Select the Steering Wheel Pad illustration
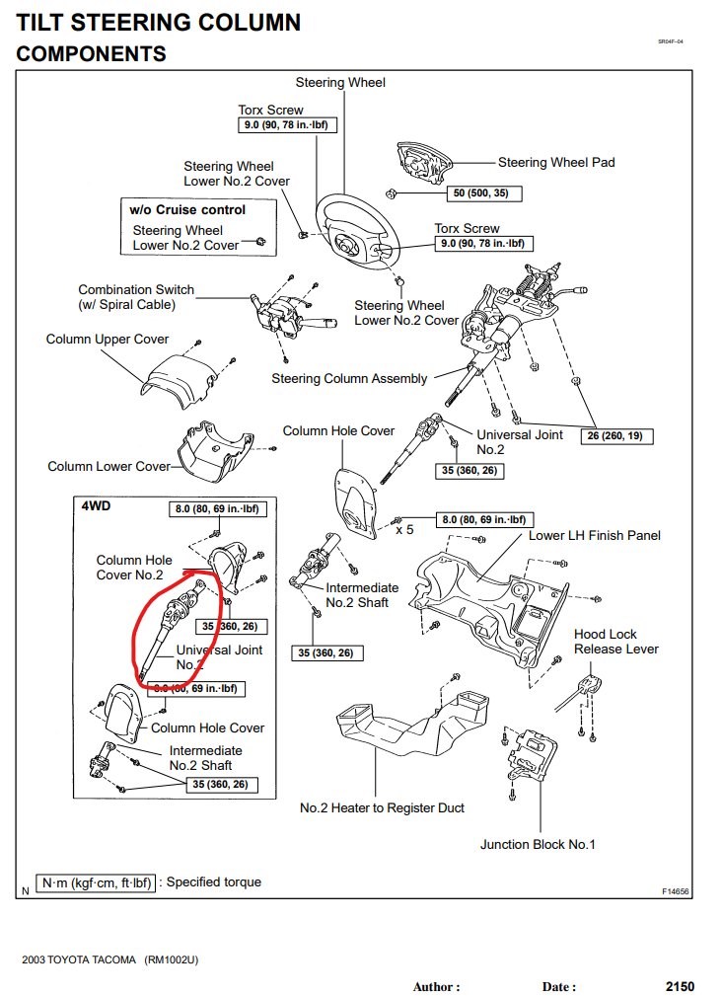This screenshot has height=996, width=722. [425, 159]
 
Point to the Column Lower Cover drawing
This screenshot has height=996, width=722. [222, 454]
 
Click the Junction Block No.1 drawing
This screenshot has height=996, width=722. [533, 758]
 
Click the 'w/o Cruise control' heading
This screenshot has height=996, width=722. [187, 209]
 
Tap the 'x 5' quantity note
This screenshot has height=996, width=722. [405, 530]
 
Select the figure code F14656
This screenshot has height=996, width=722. [676, 891]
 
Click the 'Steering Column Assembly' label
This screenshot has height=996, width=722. [349, 378]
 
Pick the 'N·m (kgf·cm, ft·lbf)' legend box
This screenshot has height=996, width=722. [96, 881]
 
